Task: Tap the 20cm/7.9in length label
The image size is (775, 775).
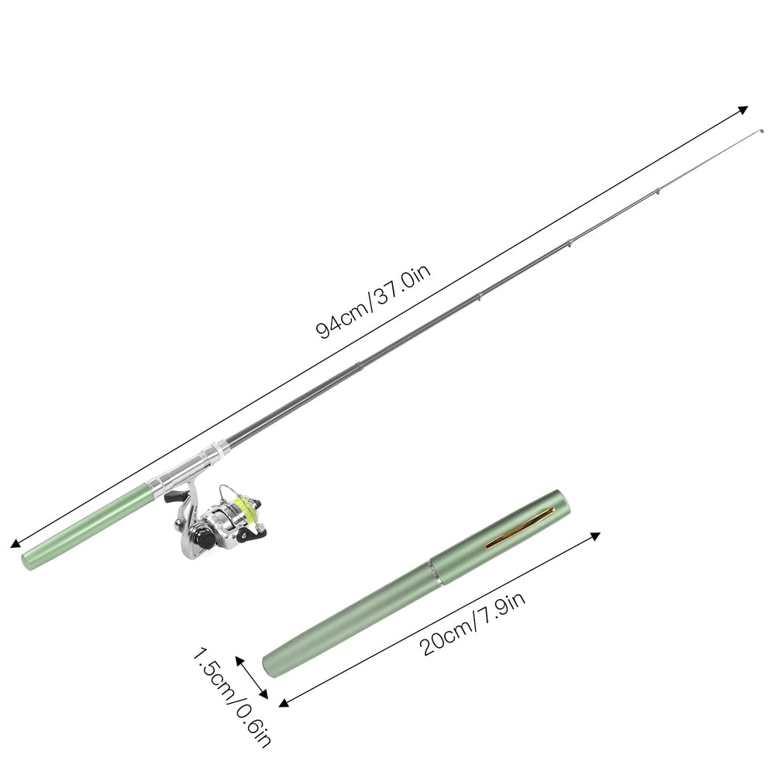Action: tap(473, 624)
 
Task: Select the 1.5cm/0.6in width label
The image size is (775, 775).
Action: tap(231, 698)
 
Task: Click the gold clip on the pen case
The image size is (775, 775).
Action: tap(519, 527)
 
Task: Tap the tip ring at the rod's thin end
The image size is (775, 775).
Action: tap(761, 131)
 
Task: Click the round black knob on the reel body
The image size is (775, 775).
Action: tap(202, 537)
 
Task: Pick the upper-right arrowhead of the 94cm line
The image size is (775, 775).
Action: tap(742, 111)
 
